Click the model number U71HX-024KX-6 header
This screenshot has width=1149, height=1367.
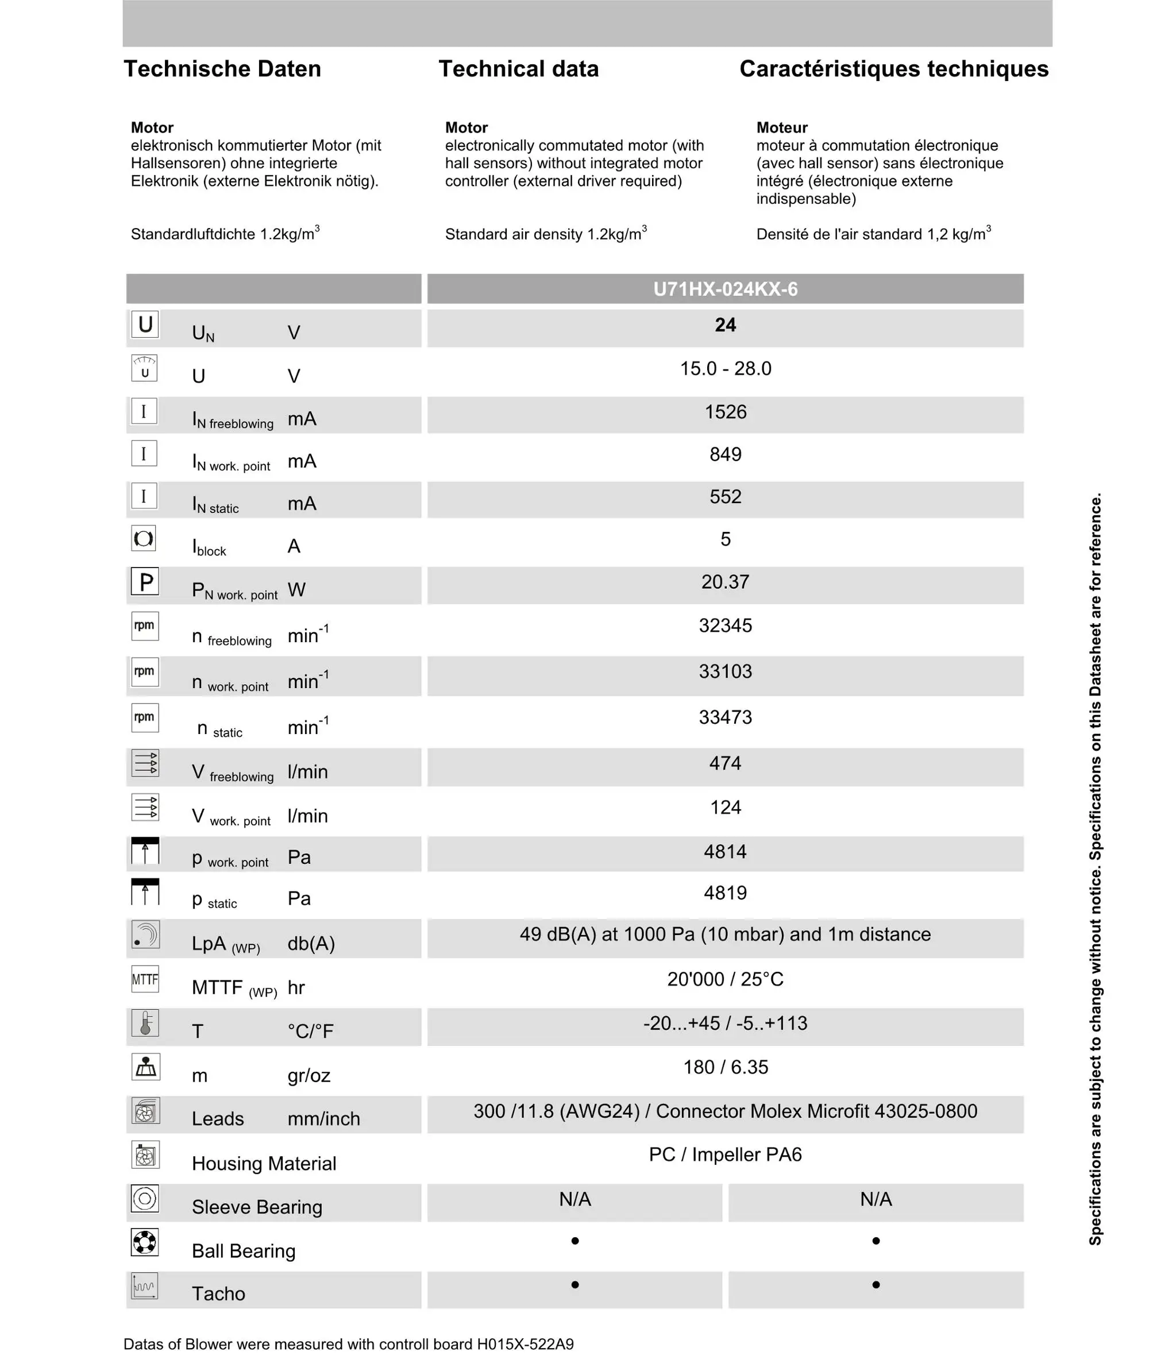(x=725, y=289)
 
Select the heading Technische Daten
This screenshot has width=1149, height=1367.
(x=222, y=69)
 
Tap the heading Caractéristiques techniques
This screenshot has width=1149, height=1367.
(x=894, y=69)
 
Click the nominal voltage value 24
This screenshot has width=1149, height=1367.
(x=725, y=325)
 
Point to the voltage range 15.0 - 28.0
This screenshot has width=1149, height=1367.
(x=725, y=369)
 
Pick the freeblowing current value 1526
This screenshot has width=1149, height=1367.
(x=725, y=412)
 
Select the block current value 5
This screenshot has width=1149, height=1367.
(x=725, y=539)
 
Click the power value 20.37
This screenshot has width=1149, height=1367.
(x=725, y=582)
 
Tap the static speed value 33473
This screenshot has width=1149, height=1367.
(x=725, y=717)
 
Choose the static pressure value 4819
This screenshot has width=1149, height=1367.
(x=725, y=893)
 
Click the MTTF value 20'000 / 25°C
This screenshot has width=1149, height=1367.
(x=725, y=979)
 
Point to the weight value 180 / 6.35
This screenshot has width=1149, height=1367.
(x=725, y=1067)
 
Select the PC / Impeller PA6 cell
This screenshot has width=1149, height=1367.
(x=725, y=1154)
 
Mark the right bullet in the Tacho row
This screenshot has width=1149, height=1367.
(x=876, y=1284)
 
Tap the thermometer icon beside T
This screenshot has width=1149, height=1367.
(x=145, y=1023)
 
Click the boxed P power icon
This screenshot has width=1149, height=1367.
(x=145, y=582)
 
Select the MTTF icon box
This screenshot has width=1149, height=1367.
(x=145, y=979)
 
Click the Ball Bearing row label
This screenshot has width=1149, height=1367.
(x=244, y=1250)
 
